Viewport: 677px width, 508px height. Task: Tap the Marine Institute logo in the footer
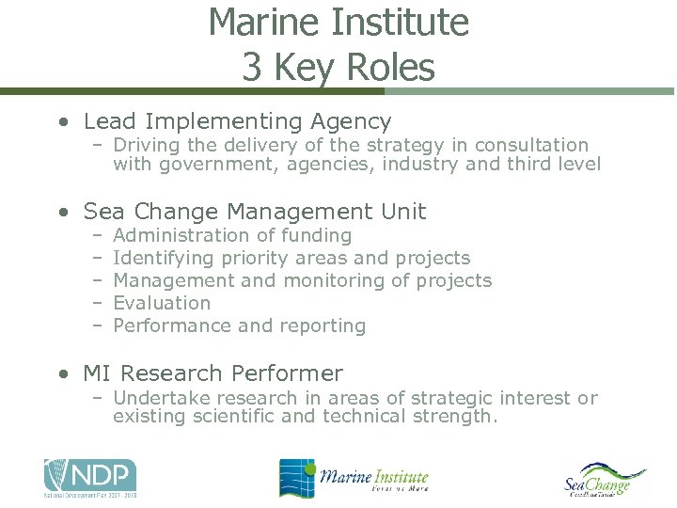coord(354,478)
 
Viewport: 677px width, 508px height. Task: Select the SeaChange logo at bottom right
coord(606,480)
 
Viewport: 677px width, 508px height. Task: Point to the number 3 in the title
coord(251,68)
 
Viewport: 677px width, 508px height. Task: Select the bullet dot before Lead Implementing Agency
coord(62,122)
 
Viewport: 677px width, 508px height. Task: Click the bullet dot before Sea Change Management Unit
coord(62,213)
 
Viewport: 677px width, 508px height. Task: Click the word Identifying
coord(163,258)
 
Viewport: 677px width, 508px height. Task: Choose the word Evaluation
coord(162,303)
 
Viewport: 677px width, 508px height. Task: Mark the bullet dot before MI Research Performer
coord(62,374)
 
